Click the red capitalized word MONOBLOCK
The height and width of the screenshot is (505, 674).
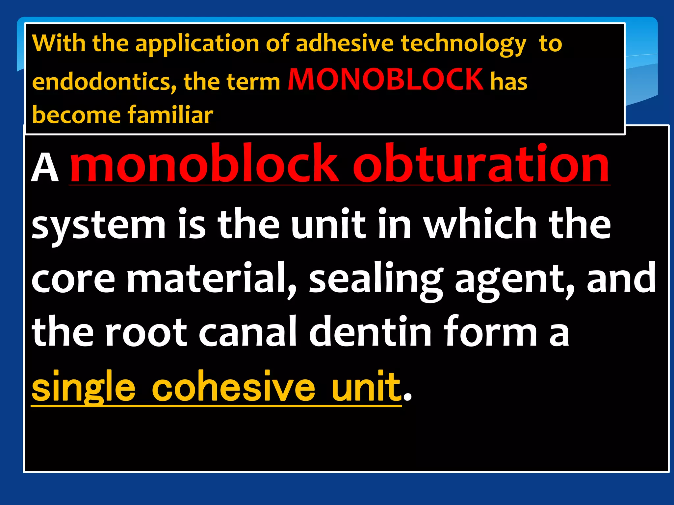[385, 80]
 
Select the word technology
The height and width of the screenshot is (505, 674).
[463, 44]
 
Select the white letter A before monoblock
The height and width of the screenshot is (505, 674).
[45, 168]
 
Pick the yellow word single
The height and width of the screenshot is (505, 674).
[83, 387]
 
